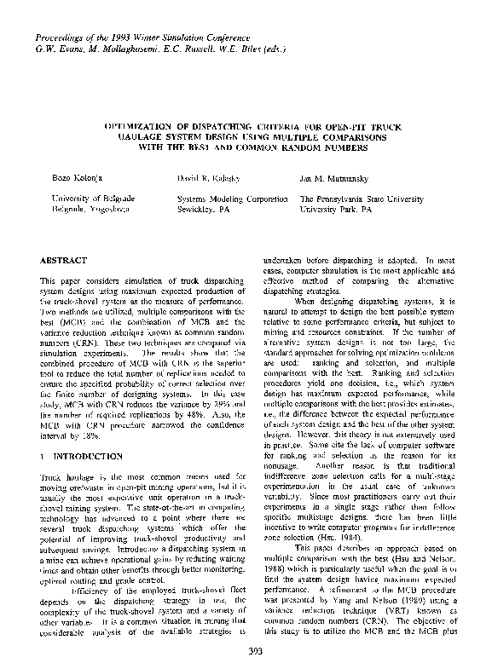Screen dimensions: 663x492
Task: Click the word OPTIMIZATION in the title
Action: pos(142,124)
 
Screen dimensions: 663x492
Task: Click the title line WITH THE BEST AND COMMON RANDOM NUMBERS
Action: pos(247,146)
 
